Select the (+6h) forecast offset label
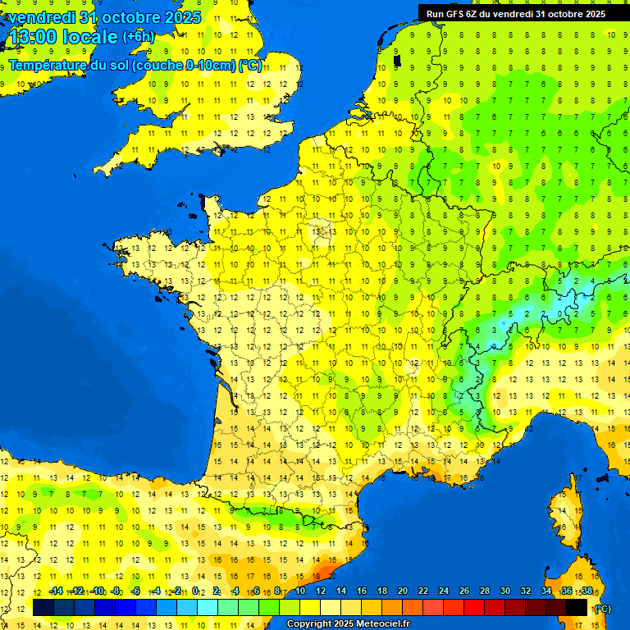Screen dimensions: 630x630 point(138,36)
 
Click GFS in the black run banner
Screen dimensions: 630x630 point(456,13)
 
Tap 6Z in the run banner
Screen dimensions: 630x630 point(476,13)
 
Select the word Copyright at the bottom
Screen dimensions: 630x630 point(309,624)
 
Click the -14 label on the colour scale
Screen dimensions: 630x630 point(56,591)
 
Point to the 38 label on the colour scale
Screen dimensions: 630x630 point(587,591)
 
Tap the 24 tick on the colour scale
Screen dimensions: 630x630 point(444,591)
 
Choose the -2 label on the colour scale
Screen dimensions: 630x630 point(176,591)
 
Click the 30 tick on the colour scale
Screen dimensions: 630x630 point(505,591)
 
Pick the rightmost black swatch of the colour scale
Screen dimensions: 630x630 point(577,607)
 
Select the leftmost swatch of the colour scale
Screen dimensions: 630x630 point(43,607)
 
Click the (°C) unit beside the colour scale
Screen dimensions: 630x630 point(603,608)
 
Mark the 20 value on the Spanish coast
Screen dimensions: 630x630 point(332,555)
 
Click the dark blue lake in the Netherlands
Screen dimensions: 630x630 point(397,58)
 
